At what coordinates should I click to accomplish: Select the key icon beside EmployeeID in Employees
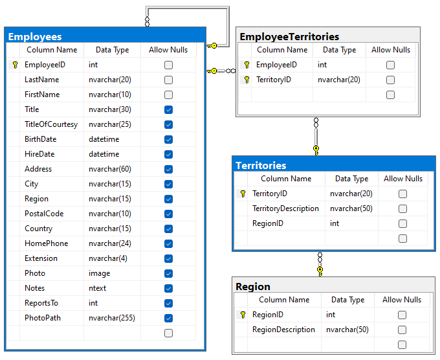point(14,65)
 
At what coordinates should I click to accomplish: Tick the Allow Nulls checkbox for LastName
point(168,80)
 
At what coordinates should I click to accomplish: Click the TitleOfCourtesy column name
point(50,124)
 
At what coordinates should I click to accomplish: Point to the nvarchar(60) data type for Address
point(110,169)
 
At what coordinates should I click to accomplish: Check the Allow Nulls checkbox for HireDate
point(168,154)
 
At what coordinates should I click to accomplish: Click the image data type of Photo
point(100,273)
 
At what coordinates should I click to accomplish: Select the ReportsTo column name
point(41,303)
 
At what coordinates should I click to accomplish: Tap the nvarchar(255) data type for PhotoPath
point(112,318)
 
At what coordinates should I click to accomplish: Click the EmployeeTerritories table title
point(289,36)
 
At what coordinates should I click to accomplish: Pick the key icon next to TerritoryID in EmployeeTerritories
point(247,80)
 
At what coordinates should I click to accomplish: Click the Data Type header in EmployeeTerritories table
point(339,50)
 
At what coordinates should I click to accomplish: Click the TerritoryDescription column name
point(285,208)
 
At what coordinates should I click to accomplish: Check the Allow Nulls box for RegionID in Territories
point(402,223)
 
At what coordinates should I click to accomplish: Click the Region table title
point(253,286)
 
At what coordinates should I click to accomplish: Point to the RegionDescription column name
point(283,330)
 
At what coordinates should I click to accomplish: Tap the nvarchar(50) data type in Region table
point(347,330)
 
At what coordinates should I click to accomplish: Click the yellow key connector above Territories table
point(316,150)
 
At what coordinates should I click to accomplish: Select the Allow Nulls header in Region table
point(402,300)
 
